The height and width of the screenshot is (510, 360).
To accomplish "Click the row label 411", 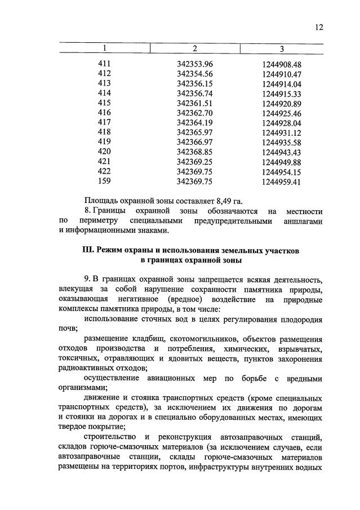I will coord(104,64).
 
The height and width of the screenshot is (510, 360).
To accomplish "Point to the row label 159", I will coord(104,181).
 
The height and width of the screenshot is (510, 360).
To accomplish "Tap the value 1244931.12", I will coord(282,133).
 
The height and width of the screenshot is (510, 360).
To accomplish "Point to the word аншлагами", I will coord(303,221).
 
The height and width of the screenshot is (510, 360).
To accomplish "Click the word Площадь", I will coord(100,201).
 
